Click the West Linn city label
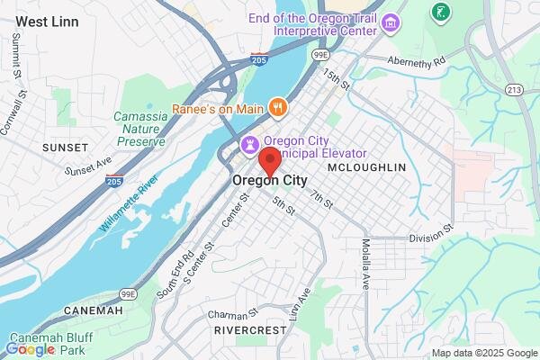[48, 21]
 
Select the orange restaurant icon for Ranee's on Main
[279, 108]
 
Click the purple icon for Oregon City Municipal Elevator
[249, 143]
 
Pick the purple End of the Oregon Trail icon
[390, 22]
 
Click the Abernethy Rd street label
[416, 61]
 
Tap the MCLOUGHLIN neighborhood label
[366, 167]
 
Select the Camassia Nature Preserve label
[139, 129]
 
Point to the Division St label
[430, 238]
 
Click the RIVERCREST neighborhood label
[249, 331]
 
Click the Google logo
[31, 349]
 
